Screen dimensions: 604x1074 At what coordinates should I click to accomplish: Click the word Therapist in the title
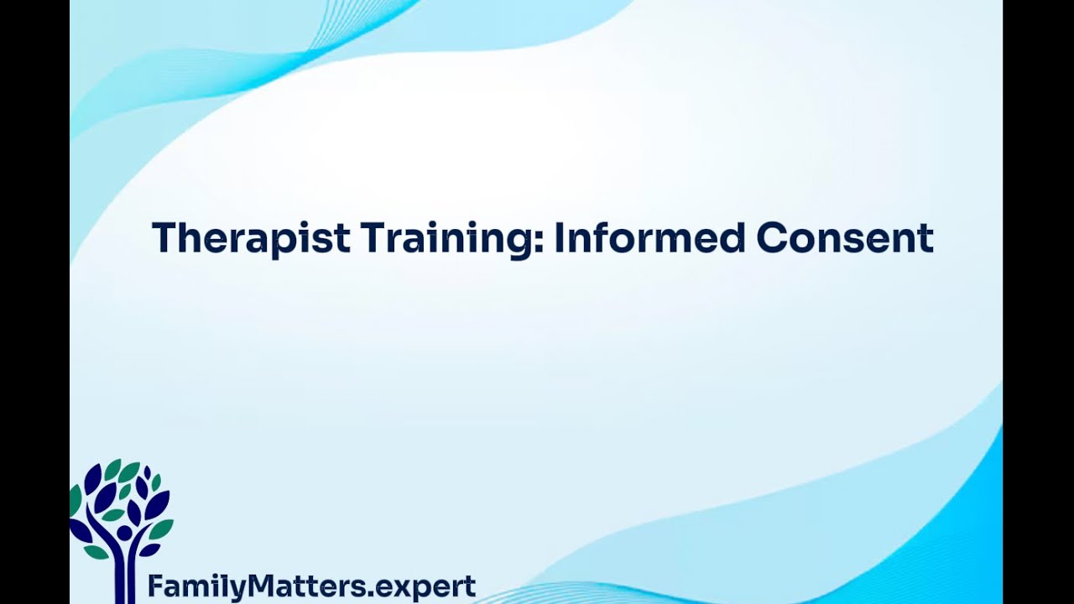(x=251, y=238)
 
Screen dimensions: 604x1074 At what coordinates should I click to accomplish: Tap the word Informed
(x=649, y=238)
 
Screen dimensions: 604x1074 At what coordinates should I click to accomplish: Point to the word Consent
(x=845, y=238)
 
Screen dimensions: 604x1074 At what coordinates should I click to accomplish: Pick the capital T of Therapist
(x=163, y=238)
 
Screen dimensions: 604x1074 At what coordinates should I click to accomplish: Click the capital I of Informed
(x=559, y=238)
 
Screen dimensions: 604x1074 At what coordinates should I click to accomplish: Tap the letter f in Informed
(x=597, y=237)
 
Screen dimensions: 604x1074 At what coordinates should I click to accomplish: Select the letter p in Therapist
(x=289, y=243)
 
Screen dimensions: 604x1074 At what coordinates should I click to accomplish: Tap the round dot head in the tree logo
(x=124, y=533)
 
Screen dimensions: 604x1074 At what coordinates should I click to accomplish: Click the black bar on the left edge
(x=34, y=302)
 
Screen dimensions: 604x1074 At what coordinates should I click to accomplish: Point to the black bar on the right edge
(x=1038, y=302)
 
